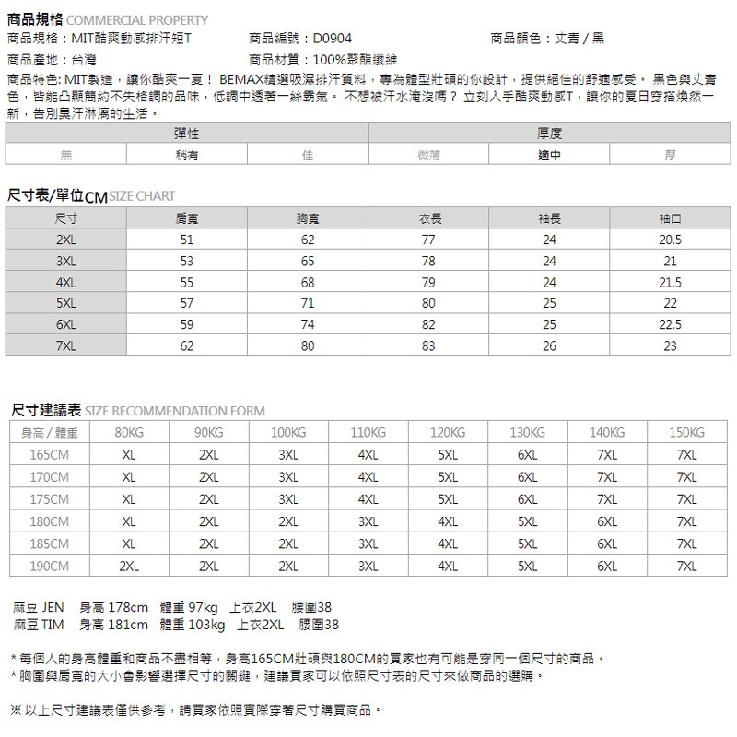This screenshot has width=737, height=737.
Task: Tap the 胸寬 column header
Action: [x=307, y=218]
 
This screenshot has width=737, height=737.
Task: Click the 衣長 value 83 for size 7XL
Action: [x=428, y=346]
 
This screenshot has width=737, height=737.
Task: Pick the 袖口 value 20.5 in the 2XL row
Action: [x=671, y=240]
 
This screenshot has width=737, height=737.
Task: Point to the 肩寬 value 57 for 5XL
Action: [x=187, y=303]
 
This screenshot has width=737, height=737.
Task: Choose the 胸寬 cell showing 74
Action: [x=307, y=325]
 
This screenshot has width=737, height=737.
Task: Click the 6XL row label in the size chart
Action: [x=65, y=325]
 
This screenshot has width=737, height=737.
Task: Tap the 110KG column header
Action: [x=368, y=433]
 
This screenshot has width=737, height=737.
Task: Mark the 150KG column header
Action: [x=687, y=433]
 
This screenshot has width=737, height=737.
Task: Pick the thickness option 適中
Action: [x=549, y=156]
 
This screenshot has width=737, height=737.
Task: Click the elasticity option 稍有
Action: [x=187, y=156]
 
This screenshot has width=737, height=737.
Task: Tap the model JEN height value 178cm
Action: [x=128, y=607]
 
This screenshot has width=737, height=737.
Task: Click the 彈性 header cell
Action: [x=187, y=135]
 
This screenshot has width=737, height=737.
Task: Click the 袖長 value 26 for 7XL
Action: [x=549, y=346]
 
